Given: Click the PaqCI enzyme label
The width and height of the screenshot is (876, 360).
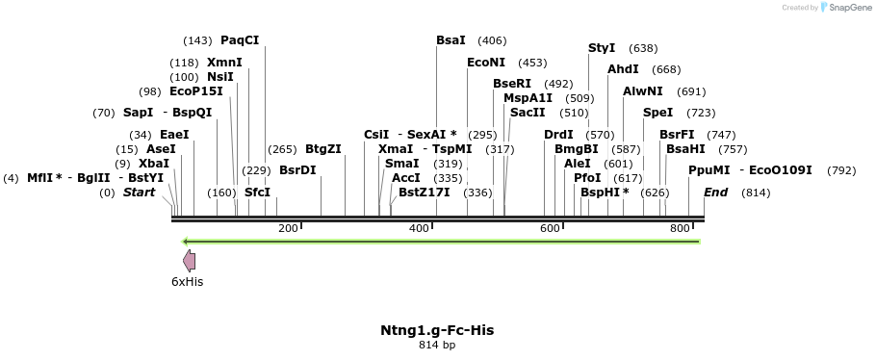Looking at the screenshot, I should pos(240,40).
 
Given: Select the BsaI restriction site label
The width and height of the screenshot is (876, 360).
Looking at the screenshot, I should pos(451,40).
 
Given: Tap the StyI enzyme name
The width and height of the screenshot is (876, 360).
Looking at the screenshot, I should pos(602,48).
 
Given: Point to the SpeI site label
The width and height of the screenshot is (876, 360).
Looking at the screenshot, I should pos(658,113).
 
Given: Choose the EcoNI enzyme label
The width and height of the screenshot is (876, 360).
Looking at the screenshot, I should pos(484,63).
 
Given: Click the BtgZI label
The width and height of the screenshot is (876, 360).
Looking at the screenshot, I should pos(323,149).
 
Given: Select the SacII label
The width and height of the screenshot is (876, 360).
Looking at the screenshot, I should pos(528,113).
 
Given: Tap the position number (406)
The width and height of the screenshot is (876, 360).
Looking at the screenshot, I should pos(492,40).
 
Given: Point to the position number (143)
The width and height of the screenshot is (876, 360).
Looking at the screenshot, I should pos(197,40).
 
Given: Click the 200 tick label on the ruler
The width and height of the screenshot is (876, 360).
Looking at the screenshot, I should pos(288,228).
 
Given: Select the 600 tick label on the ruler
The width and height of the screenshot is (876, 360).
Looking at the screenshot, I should pos(550,228).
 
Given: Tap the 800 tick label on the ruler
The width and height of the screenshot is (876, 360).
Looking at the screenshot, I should pos(680,228).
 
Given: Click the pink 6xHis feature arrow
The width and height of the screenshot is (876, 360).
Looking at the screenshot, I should pos(190,260).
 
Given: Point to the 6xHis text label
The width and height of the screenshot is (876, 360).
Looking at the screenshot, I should pos(188,282).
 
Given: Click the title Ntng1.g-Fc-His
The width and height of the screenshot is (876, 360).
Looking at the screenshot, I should pos(438,330).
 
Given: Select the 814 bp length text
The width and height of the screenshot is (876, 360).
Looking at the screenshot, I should pos(438,345).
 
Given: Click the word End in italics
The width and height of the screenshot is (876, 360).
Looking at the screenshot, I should pos(716,193).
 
